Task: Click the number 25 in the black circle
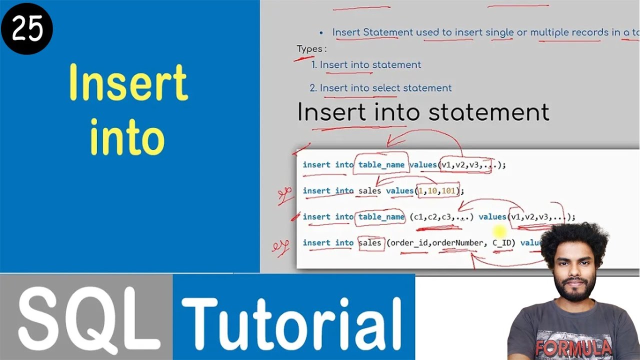pos(26,28)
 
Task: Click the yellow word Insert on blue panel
pos(128,82)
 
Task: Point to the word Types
pos(311,49)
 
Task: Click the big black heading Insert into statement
pos(423,112)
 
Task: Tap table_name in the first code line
pos(380,165)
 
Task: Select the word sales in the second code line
pos(370,191)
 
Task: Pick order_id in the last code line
pos(409,243)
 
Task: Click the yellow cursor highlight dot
pos(499,231)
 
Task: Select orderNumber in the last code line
pos(458,243)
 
